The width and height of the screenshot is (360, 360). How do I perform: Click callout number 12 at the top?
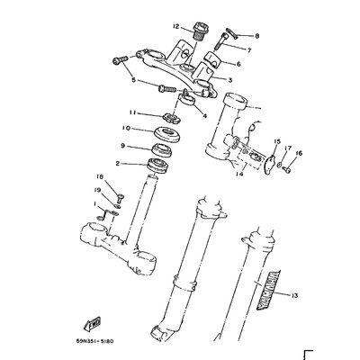coord(177,27)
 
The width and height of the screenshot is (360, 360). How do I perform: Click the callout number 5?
coord(134,80)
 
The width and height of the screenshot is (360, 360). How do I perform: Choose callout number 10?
coord(128,130)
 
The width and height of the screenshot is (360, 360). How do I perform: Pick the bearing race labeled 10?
coord(166,132)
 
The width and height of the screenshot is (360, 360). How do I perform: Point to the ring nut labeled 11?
coord(167,112)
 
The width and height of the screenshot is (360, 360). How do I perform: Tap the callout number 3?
coord(231,80)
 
